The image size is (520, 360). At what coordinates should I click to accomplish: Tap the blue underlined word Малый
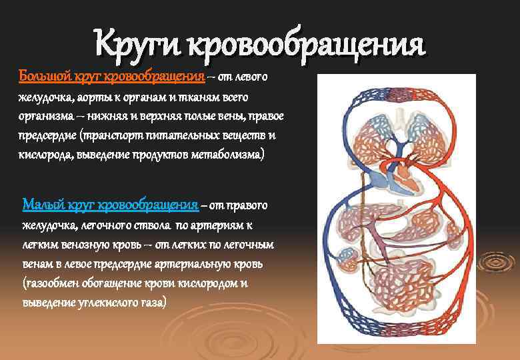click(x=44, y=204)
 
